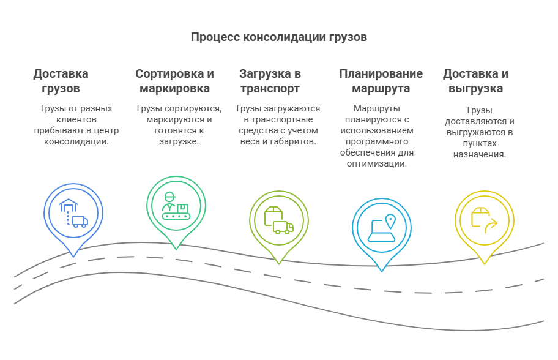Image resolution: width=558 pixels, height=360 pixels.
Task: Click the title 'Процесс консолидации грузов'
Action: pyautogui.click(x=278, y=37)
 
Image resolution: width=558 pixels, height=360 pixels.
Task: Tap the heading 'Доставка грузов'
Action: pyautogui.click(x=61, y=81)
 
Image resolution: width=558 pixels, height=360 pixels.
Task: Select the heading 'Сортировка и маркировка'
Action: pyautogui.click(x=174, y=81)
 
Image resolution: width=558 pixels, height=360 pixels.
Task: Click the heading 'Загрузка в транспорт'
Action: pyautogui.click(x=269, y=81)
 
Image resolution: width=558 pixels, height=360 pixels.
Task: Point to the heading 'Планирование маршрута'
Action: pyautogui.click(x=381, y=81)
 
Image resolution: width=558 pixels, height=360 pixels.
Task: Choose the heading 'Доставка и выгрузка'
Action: pyautogui.click(x=475, y=81)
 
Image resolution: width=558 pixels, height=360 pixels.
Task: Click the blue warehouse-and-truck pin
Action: pyautogui.click(x=73, y=212)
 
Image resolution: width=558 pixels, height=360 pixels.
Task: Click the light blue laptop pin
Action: pyautogui.click(x=382, y=228)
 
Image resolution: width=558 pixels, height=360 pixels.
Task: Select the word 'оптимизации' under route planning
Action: pyautogui.click(x=376, y=163)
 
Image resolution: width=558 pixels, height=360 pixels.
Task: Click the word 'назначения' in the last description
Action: pyautogui.click(x=479, y=154)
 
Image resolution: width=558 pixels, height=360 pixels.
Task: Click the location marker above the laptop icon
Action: pyautogui.click(x=390, y=220)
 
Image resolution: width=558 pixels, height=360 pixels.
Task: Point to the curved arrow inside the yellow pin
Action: pyautogui.click(x=490, y=227)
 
